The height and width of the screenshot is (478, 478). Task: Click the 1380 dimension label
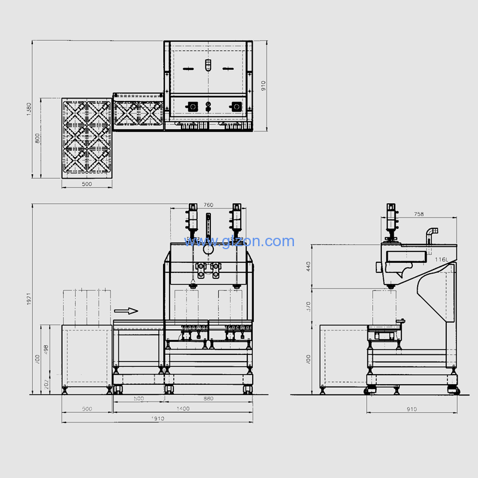(29, 109)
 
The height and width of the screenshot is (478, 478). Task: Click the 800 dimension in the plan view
(37, 137)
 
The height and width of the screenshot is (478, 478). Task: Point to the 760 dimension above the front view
(208, 205)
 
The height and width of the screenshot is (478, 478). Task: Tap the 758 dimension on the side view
(418, 214)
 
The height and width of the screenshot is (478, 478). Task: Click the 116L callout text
(442, 259)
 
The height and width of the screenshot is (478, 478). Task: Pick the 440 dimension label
(309, 266)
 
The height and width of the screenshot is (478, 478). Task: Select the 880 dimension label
(208, 399)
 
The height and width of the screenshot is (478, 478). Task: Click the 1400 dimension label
(183, 409)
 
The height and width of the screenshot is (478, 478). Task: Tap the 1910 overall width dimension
(158, 419)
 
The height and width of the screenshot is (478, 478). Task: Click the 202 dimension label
(47, 384)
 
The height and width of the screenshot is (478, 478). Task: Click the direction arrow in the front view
(125, 311)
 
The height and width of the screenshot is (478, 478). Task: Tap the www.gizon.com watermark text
(239, 241)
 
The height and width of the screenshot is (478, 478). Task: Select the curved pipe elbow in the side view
(431, 233)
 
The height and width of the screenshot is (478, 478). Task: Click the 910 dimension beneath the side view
(411, 409)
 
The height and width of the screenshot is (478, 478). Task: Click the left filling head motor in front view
(192, 219)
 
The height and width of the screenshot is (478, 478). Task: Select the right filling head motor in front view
(237, 219)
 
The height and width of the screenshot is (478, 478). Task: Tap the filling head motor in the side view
(392, 219)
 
